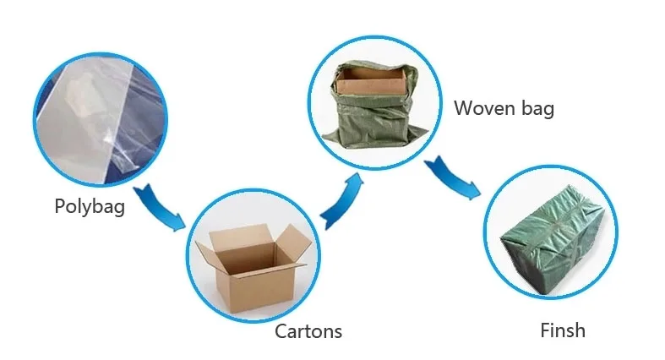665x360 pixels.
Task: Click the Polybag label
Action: (x=90, y=206)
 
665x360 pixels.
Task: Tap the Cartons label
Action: (x=308, y=330)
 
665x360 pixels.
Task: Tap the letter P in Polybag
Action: (x=60, y=206)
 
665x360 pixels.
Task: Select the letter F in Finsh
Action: (x=545, y=330)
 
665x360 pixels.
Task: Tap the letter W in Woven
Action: (x=463, y=108)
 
